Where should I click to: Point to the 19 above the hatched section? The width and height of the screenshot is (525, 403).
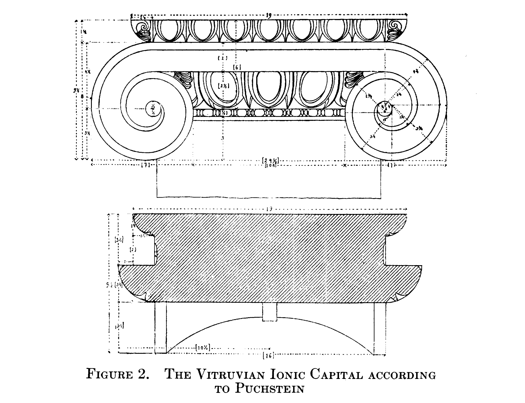click(x=269, y=209)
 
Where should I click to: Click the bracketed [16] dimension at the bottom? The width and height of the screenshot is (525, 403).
click(x=268, y=355)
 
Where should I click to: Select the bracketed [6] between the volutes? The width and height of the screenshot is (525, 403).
click(x=237, y=67)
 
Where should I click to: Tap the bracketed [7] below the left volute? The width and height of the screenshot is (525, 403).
click(x=145, y=165)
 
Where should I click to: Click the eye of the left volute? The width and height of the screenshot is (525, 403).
click(x=153, y=109)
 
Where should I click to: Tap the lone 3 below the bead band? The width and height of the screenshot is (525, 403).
click(x=223, y=138)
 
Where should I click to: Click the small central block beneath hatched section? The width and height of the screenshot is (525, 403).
click(x=270, y=312)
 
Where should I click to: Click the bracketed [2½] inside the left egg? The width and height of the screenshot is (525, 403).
click(x=223, y=86)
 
